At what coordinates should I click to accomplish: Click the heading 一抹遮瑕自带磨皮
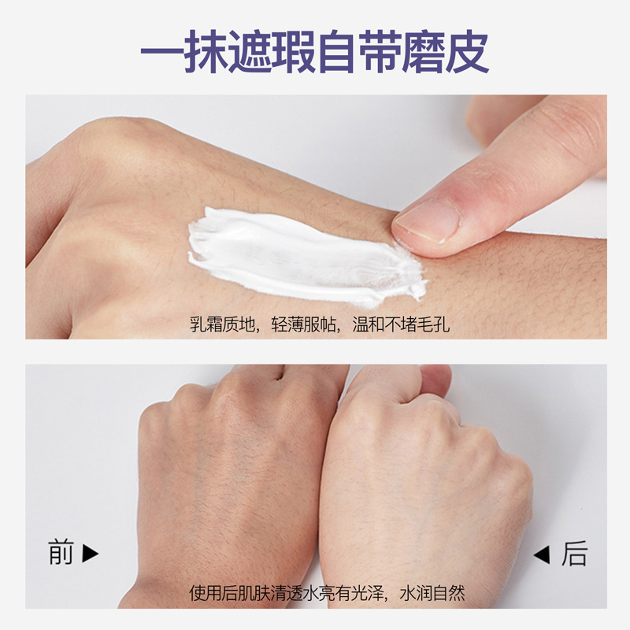pos(314,51)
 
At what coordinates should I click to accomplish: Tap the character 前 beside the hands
pos(61,553)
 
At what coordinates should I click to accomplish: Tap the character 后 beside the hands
pos(574,554)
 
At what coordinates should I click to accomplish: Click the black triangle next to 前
pos(90,553)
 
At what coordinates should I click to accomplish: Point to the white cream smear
pos(306,258)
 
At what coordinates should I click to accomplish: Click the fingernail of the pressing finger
pos(427,220)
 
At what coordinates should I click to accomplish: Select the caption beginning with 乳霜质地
pos(320,324)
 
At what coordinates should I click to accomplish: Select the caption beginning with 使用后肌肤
pos(327,593)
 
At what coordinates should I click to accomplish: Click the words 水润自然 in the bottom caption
pos(432,593)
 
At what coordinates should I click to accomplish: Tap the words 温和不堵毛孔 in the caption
pos(401,324)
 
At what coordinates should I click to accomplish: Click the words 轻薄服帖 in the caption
pos(303,324)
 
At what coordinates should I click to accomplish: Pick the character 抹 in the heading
pos(206,51)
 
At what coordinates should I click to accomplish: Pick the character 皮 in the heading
pos(467,51)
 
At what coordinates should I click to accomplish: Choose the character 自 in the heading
pos(337,51)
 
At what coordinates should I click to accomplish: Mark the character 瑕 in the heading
pos(293,51)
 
